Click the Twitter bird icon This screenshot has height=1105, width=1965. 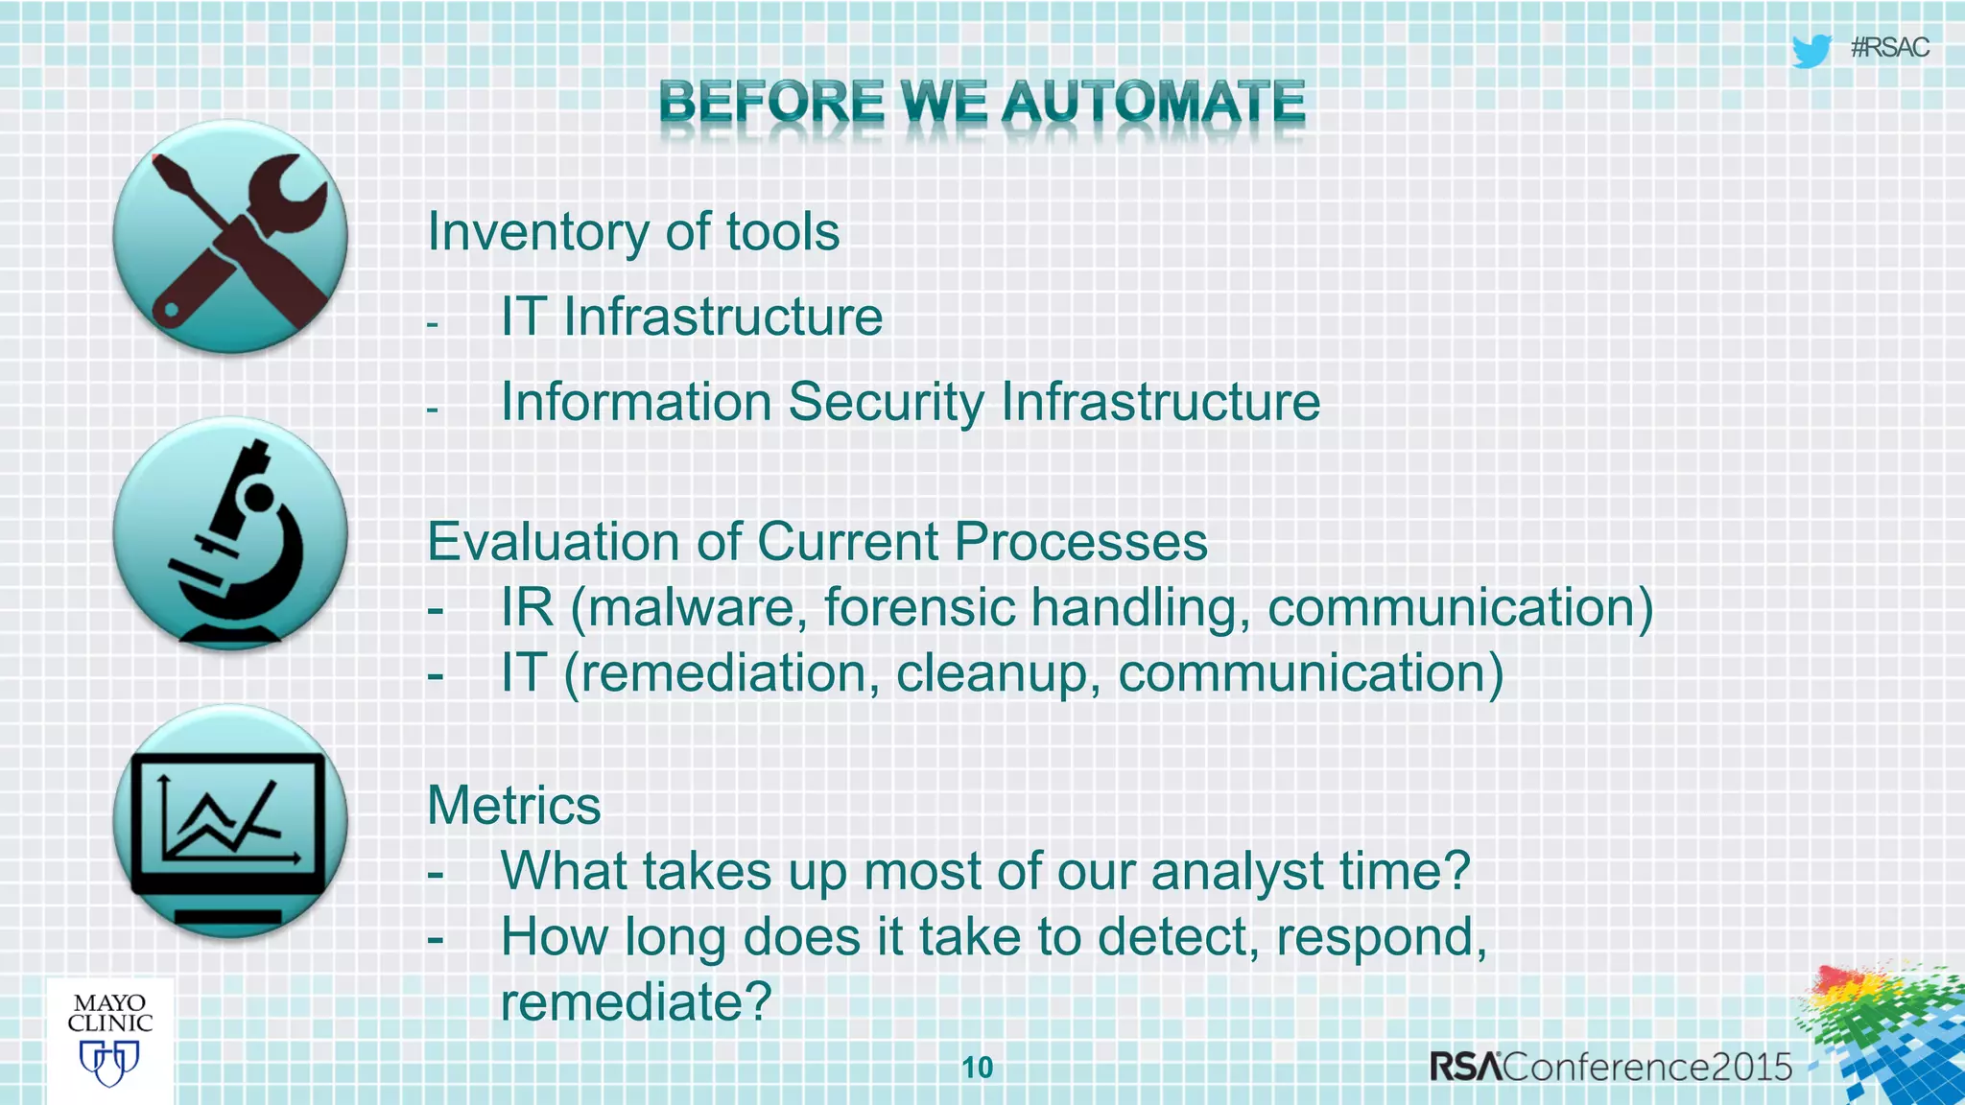point(1811,50)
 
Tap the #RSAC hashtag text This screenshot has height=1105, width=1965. point(1889,48)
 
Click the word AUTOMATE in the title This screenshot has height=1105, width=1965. point(1153,102)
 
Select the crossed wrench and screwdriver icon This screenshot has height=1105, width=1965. point(230,237)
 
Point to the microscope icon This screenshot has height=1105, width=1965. point(230,534)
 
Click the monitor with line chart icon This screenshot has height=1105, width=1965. point(230,822)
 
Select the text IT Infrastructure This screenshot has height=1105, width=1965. point(691,317)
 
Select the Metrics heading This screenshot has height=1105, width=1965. point(513,806)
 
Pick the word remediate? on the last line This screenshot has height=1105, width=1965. point(635,1002)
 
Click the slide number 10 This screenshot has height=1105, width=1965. point(977,1068)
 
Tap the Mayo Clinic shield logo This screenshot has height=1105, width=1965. point(109,1063)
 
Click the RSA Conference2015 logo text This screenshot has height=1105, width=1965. point(1610,1067)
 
